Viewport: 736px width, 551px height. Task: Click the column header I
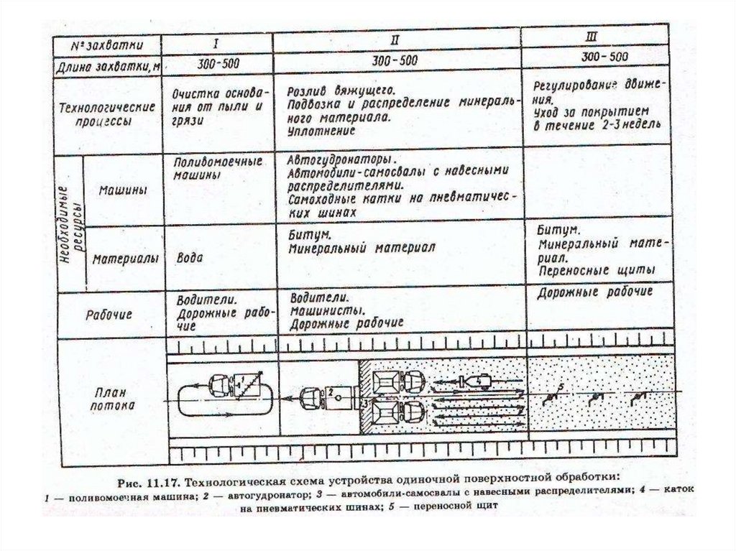pyautogui.click(x=216, y=41)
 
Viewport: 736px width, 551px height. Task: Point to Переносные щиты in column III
pyautogui.click(x=595, y=271)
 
